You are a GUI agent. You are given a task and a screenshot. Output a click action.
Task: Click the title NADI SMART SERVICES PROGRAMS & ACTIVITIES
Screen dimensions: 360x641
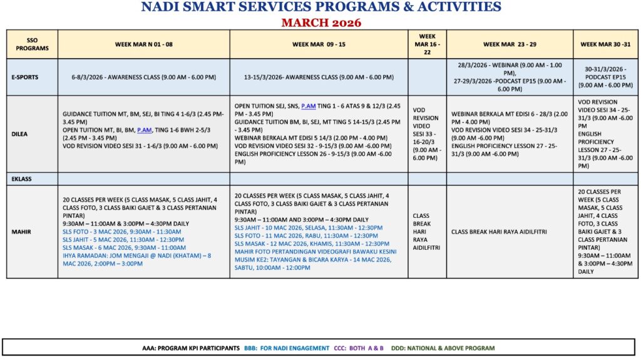[x=320, y=8]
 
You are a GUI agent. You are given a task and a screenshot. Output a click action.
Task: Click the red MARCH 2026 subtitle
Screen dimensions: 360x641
[x=320, y=23]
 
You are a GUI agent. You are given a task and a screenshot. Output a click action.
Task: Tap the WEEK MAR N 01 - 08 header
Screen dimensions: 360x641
[x=143, y=44]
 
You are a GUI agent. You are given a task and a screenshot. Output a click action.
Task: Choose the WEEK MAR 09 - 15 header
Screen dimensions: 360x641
[x=319, y=44]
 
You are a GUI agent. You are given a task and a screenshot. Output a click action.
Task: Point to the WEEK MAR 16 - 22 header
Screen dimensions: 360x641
[x=427, y=44]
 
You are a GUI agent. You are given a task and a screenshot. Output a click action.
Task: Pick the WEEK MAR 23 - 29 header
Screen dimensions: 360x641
[x=510, y=44]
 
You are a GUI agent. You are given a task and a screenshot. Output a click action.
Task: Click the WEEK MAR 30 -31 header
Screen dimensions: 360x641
[x=605, y=44]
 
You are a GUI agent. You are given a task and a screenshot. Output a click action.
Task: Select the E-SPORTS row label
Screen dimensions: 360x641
[x=24, y=78]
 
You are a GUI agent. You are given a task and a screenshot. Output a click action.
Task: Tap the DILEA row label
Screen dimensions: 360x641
[x=20, y=133]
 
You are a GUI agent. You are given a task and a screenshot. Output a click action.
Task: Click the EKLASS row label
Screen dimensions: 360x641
[x=21, y=179]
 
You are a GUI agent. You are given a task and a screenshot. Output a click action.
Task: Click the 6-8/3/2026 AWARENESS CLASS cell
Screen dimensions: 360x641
[x=143, y=78]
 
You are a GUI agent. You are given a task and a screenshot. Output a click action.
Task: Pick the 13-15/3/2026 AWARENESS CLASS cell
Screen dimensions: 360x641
[x=319, y=78]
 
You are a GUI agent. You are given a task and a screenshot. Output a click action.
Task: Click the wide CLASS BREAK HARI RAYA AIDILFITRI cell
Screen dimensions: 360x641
[x=498, y=232]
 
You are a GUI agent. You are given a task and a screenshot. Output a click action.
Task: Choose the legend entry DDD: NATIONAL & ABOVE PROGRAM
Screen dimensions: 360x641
[x=443, y=348]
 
